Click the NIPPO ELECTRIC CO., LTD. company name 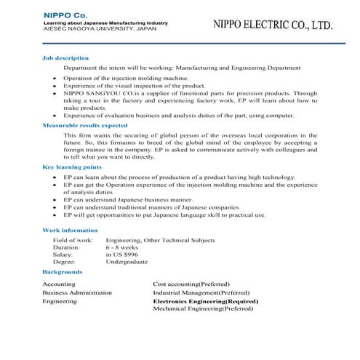coord(273,24)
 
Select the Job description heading coord(65,57)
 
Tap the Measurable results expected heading coord(85,126)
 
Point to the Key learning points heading coord(71,167)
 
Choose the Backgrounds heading coord(62,271)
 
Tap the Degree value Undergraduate coord(127,262)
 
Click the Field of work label coord(73,239)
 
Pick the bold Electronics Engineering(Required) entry coord(206,300)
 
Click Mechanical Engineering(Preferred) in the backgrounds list coord(203,308)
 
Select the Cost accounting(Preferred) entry coord(191,284)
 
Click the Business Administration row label coord(77,292)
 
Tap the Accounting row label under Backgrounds coord(58,284)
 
